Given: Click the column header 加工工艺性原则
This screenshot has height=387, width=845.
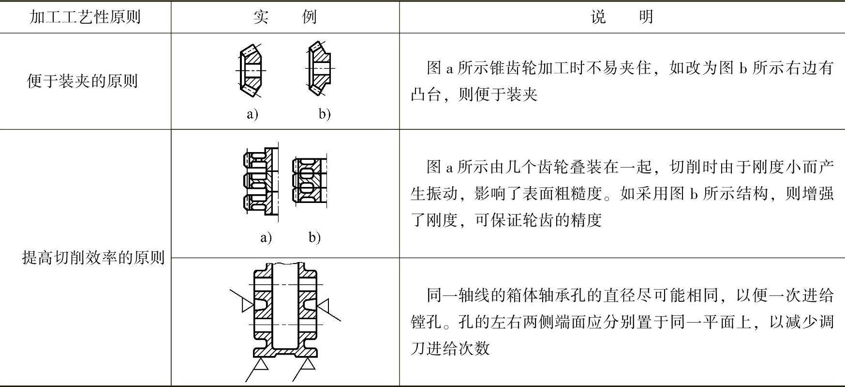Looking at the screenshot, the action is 85,17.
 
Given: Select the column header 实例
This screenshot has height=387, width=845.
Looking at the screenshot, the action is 285,17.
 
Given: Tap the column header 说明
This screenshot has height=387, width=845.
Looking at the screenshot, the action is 622,17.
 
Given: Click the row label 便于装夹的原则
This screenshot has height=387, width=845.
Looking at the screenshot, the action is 82,81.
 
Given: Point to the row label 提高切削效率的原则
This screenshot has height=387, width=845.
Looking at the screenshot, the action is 93,257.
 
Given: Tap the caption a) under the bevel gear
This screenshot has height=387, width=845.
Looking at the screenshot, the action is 252,114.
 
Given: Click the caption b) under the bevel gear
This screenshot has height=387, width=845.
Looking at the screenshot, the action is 324,114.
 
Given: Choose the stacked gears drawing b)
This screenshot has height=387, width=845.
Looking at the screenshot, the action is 310,180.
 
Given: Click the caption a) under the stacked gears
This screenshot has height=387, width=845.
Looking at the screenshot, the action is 266,237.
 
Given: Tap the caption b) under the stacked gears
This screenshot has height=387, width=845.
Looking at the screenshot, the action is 314,237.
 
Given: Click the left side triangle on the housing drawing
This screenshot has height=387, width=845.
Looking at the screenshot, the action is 247,305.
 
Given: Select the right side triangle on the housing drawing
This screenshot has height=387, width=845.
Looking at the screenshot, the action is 323,306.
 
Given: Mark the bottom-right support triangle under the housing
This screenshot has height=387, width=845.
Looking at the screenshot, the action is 307,364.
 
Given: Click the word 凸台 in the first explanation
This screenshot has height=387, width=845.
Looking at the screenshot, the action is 426,94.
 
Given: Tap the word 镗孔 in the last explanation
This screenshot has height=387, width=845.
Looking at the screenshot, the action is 426,322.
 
